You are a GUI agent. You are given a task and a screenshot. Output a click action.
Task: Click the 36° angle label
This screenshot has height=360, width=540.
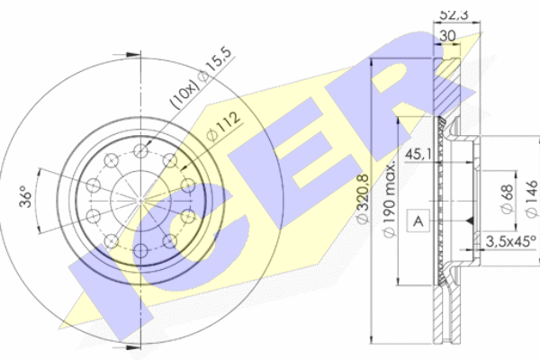tap(25, 196)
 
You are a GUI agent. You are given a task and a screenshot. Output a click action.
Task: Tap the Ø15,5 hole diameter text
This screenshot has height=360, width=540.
tap(216, 64)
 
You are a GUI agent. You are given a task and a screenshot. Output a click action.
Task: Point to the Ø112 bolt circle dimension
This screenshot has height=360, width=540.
tap(224, 126)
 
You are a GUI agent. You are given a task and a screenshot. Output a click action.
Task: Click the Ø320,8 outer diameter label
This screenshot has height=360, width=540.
tap(363, 200)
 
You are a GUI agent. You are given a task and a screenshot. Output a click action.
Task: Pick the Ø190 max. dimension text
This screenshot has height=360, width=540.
tap(390, 200)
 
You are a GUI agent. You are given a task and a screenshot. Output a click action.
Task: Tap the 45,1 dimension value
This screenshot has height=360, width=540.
tap(418, 154)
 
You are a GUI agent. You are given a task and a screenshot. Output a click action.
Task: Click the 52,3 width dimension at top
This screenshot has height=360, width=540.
tap(454, 15)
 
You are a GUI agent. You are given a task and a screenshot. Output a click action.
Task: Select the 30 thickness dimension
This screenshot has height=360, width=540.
tap(447, 36)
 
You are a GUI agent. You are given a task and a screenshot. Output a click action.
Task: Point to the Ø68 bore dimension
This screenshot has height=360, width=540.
tap(508, 199)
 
